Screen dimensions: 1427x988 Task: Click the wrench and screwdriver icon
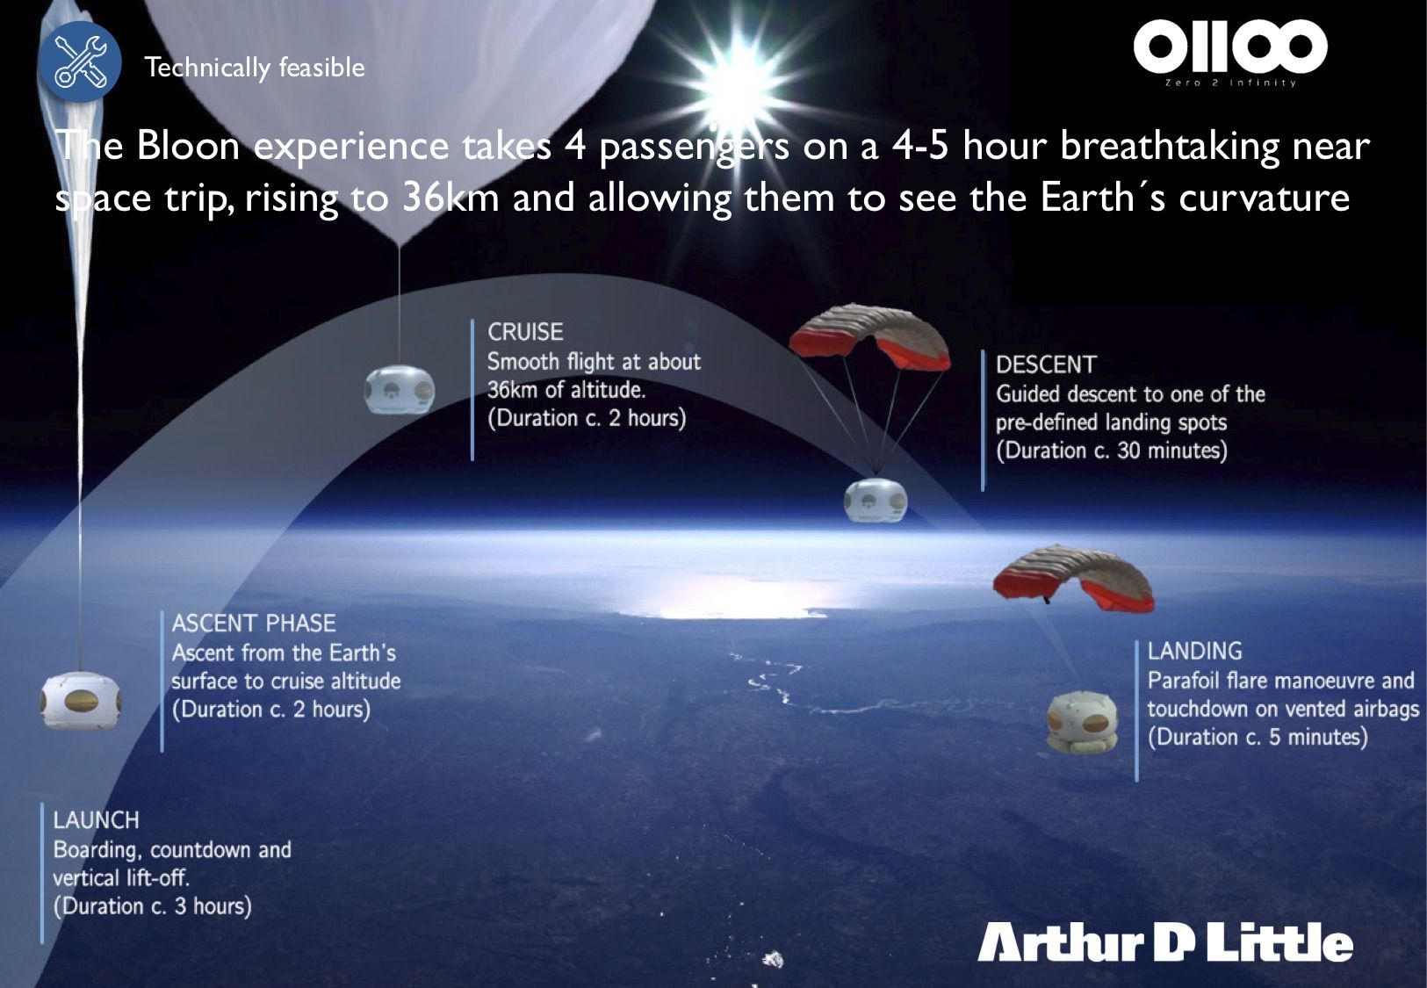click(x=80, y=61)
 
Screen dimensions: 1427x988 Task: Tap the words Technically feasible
click(x=254, y=68)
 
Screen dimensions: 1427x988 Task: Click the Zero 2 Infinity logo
click(x=1230, y=52)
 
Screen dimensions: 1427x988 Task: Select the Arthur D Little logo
click(x=1165, y=942)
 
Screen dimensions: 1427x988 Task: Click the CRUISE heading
click(x=525, y=332)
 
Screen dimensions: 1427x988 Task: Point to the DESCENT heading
click(x=1046, y=364)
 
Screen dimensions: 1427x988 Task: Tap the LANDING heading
click(x=1194, y=651)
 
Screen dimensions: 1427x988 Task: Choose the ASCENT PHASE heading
click(x=254, y=623)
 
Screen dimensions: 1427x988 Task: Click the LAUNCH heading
click(x=97, y=820)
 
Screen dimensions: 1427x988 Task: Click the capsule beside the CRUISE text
click(x=400, y=389)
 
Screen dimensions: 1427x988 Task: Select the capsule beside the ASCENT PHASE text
click(x=80, y=700)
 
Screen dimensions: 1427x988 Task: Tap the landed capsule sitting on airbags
click(x=1082, y=723)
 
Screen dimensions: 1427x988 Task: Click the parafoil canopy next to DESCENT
click(x=870, y=336)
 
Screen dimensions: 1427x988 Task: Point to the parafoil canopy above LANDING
click(x=1074, y=577)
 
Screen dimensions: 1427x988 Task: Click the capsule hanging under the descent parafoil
click(x=876, y=500)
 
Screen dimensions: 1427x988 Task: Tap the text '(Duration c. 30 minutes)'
click(x=1112, y=451)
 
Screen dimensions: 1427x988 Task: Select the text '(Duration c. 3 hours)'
click(x=152, y=905)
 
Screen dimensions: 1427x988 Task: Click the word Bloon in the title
click(x=188, y=146)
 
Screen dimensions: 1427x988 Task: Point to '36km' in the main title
click(x=451, y=198)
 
